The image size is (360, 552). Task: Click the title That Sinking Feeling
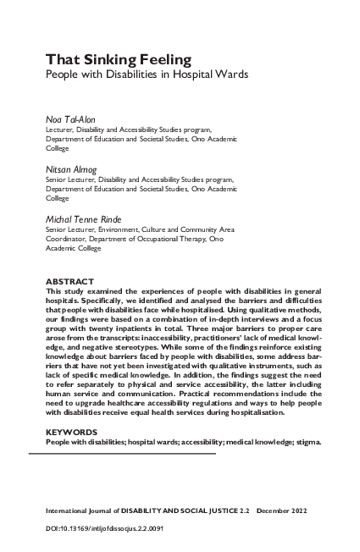tap(118, 59)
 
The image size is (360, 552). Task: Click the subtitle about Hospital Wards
tap(147, 75)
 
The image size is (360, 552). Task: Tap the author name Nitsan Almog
tap(71, 169)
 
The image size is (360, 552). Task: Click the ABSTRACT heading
tap(70, 280)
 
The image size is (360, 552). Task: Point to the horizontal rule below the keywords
tap(123, 454)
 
